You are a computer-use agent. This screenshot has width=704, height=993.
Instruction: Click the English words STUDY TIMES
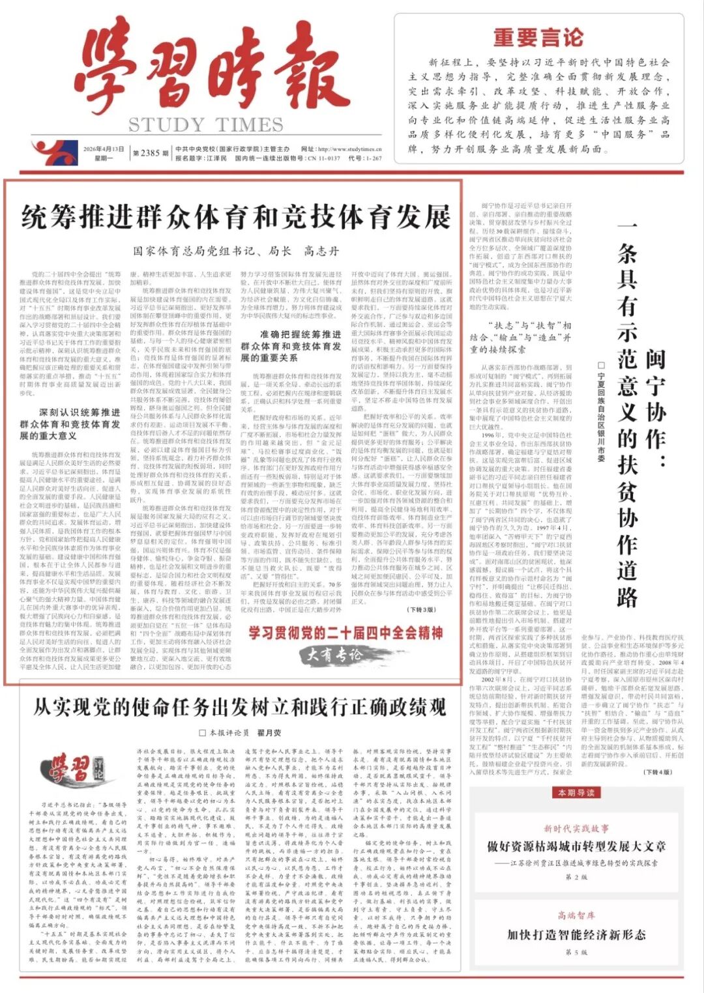click(205, 124)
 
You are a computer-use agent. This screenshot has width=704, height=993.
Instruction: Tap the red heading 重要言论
click(538, 38)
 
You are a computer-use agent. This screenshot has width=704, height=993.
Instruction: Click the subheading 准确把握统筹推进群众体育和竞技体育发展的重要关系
click(291, 345)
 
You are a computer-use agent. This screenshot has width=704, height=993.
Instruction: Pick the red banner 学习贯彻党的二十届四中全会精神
click(345, 633)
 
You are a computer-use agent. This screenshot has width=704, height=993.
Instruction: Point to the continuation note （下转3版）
click(421, 610)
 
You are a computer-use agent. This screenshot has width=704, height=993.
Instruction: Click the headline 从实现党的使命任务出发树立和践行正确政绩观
click(239, 707)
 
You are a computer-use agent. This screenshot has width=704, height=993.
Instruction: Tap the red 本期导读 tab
click(576, 792)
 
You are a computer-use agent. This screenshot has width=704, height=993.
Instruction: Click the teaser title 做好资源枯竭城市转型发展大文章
click(576, 846)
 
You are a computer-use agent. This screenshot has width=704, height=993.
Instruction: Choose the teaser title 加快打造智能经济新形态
click(576, 934)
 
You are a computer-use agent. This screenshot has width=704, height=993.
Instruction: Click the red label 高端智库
click(576, 915)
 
